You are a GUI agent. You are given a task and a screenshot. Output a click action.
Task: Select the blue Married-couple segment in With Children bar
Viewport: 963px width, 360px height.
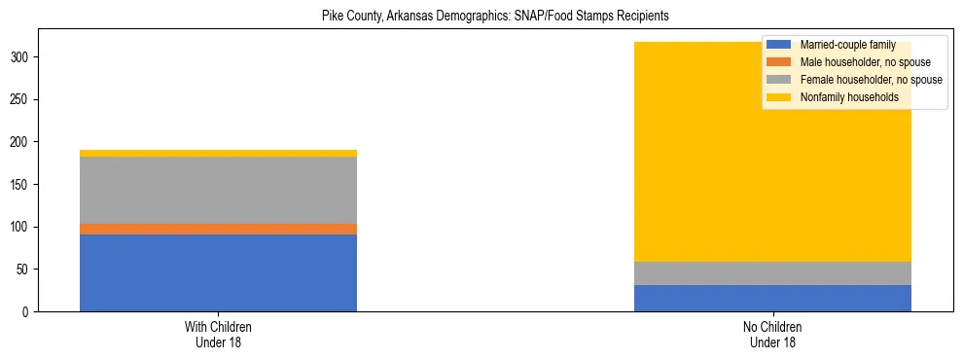[218, 272]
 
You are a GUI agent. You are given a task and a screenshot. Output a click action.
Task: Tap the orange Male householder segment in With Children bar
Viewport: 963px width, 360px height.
[218, 230]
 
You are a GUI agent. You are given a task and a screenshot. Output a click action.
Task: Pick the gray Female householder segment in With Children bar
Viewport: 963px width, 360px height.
[218, 190]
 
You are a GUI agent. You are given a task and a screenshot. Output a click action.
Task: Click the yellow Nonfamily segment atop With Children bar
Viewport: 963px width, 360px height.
[218, 153]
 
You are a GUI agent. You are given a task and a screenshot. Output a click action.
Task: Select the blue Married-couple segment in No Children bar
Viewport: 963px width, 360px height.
[772, 298]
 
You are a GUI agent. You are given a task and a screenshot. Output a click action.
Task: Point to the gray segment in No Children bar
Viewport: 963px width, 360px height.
[772, 273]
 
